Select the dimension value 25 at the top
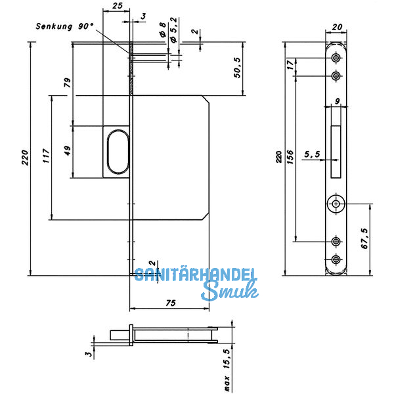(x=118, y=5)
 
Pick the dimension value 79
(x=66, y=83)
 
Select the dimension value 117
(x=45, y=156)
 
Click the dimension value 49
(x=66, y=150)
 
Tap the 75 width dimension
(x=170, y=303)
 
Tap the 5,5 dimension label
(x=311, y=155)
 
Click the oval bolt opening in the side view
(x=116, y=152)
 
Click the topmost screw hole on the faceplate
(x=336, y=59)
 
